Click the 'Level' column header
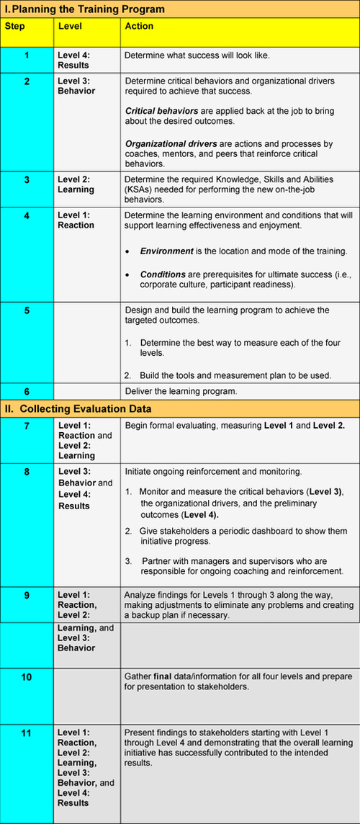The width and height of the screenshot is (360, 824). coord(70,26)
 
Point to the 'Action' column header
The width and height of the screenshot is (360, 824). coord(139,26)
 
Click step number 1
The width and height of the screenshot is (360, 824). coord(27,55)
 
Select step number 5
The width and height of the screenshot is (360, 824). coord(27,312)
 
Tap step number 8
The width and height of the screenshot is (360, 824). coord(27,473)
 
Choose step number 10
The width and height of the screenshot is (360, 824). coord(27,677)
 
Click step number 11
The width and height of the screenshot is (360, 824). coord(27,733)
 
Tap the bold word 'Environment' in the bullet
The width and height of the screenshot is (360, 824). coord(167,251)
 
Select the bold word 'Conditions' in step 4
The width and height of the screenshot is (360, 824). coord(163,274)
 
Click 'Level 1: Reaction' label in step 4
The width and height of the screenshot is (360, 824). coord(76,220)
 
